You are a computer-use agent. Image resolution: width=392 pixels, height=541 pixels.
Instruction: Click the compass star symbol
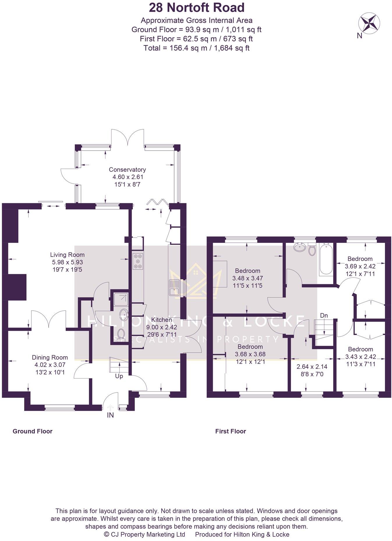point(369,23)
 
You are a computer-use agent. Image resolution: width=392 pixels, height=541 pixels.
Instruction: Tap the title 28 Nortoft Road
point(197,8)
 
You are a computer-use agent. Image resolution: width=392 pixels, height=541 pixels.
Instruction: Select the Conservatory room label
point(127,169)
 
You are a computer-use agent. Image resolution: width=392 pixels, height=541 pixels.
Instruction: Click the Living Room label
point(67,254)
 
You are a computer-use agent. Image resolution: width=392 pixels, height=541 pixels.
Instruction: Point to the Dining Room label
point(50,357)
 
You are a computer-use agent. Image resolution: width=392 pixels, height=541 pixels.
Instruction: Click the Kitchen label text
point(162,320)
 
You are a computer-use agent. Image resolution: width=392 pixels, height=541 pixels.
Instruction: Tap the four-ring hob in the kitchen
point(138,261)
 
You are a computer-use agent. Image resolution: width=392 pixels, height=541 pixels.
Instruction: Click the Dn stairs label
point(324,315)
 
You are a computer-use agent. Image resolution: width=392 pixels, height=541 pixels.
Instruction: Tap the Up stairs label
point(119,376)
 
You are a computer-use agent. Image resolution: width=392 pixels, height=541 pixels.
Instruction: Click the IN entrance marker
point(110,415)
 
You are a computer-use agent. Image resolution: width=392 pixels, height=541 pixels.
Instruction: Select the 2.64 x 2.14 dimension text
point(312,367)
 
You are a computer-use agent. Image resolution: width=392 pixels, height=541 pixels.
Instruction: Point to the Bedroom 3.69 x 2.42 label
point(360,259)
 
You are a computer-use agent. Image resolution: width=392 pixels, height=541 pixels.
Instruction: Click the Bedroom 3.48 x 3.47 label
point(248,270)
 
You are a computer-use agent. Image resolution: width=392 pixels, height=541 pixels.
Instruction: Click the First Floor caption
point(230,431)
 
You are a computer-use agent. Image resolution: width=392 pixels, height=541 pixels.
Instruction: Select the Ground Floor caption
point(32,431)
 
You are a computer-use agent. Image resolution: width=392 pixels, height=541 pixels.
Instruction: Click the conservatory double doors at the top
point(128,137)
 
